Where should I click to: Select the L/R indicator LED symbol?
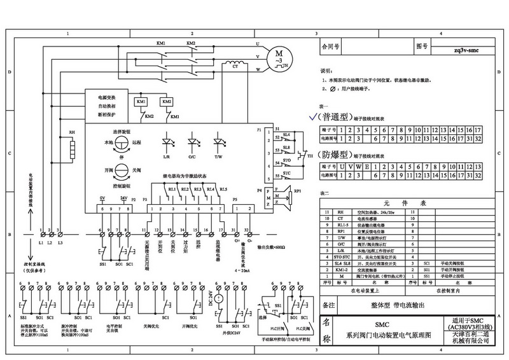click(x=167, y=140)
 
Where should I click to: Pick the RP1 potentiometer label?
click(x=296, y=189)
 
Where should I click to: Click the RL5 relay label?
click(x=223, y=189)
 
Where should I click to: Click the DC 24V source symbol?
click(x=218, y=297)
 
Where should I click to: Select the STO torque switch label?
click(x=286, y=162)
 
